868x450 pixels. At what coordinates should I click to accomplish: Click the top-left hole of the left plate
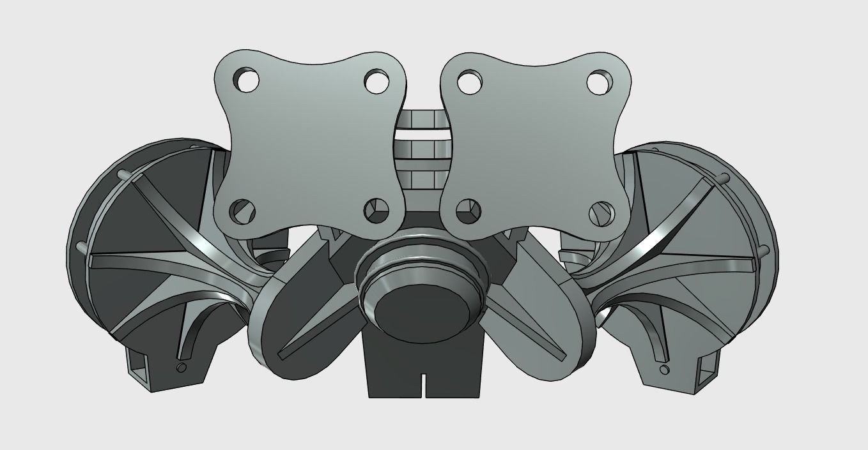[x=246, y=80]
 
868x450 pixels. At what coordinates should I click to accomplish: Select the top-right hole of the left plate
[x=375, y=80]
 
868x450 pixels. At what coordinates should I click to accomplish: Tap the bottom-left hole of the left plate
[x=241, y=210]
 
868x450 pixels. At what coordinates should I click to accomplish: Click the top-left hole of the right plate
[x=469, y=81]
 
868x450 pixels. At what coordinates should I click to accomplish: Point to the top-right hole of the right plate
[x=599, y=81]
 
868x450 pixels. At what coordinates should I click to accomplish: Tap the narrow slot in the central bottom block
[x=424, y=382]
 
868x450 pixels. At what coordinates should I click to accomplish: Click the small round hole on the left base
[x=182, y=367]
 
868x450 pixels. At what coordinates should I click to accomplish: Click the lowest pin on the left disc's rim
[x=81, y=245]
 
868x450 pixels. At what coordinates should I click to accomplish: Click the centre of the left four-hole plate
[x=310, y=144]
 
